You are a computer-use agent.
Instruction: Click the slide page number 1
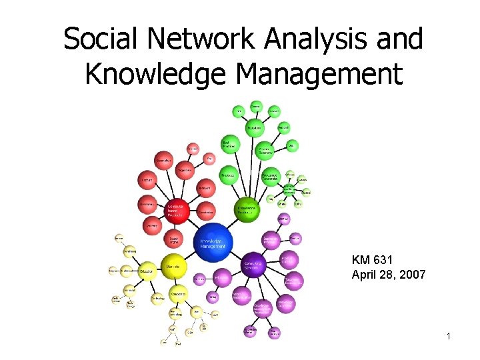(449, 337)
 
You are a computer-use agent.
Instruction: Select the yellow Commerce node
(179, 294)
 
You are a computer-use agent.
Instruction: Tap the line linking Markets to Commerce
(173, 281)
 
